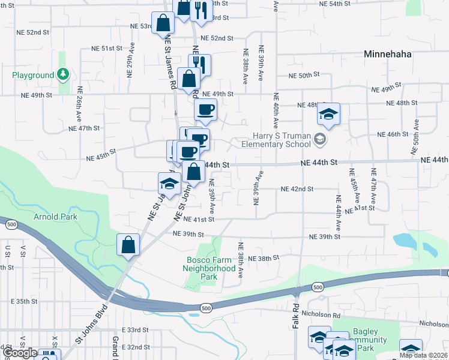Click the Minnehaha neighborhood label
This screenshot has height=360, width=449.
388,54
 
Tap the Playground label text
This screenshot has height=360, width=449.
33,76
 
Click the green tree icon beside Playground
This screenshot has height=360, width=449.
63,75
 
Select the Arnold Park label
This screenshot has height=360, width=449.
55,217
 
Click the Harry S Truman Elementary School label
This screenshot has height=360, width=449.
276,140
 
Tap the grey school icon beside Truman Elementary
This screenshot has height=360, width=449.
320,140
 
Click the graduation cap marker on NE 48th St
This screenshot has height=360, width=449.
328,114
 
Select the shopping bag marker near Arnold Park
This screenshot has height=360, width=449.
128,244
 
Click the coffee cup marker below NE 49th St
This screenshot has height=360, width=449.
205,109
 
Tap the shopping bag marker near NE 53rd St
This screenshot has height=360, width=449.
163,23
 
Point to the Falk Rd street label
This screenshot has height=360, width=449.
296,314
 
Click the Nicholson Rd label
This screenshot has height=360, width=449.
322,314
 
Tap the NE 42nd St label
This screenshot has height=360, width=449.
297,189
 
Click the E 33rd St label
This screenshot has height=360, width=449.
134,330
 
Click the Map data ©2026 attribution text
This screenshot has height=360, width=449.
424,355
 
